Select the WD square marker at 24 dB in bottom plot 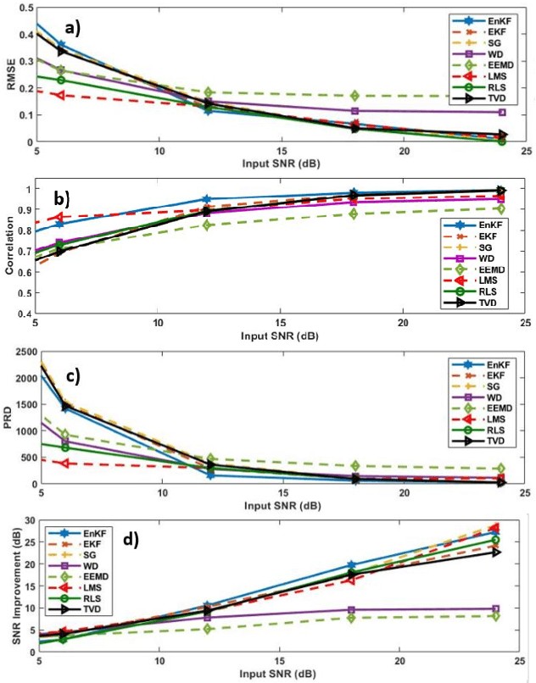tap(496, 608)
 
